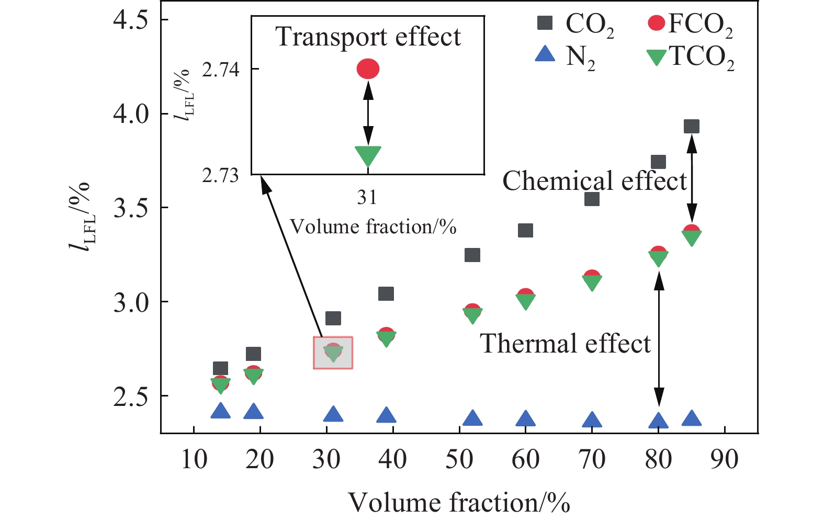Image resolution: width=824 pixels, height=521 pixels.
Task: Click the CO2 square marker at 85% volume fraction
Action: click(x=692, y=126)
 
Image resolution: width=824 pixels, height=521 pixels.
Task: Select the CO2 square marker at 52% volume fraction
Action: click(x=472, y=255)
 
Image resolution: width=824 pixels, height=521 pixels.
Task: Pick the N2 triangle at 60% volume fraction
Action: click(x=525, y=419)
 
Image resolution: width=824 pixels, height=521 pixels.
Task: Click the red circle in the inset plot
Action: click(x=368, y=69)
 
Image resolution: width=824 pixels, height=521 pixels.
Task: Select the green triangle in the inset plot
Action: click(x=368, y=155)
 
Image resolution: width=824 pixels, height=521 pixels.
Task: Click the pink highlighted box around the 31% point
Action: click(x=333, y=353)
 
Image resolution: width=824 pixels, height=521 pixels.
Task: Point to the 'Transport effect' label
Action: click(x=368, y=37)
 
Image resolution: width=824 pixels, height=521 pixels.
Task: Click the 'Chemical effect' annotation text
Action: click(x=594, y=181)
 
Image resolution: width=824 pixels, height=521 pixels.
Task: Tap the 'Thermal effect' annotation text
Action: click(x=565, y=344)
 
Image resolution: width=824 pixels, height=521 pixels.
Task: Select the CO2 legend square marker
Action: click(x=545, y=23)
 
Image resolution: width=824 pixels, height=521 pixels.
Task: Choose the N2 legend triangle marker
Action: click(x=545, y=54)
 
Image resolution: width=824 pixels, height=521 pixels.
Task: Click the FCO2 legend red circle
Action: click(x=656, y=23)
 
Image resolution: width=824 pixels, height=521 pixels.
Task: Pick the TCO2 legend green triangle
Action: click(x=656, y=56)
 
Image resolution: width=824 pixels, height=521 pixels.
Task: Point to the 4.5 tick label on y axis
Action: click(x=130, y=20)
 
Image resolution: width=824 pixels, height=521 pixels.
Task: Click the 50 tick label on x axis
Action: click(x=459, y=460)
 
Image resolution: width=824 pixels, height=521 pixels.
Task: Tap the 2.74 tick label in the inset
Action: click(x=220, y=70)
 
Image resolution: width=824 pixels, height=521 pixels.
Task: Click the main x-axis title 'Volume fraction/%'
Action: click(x=459, y=502)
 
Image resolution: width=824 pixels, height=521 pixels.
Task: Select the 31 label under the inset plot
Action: click(x=367, y=197)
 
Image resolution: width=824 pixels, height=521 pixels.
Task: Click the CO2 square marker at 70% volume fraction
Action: click(x=592, y=199)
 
